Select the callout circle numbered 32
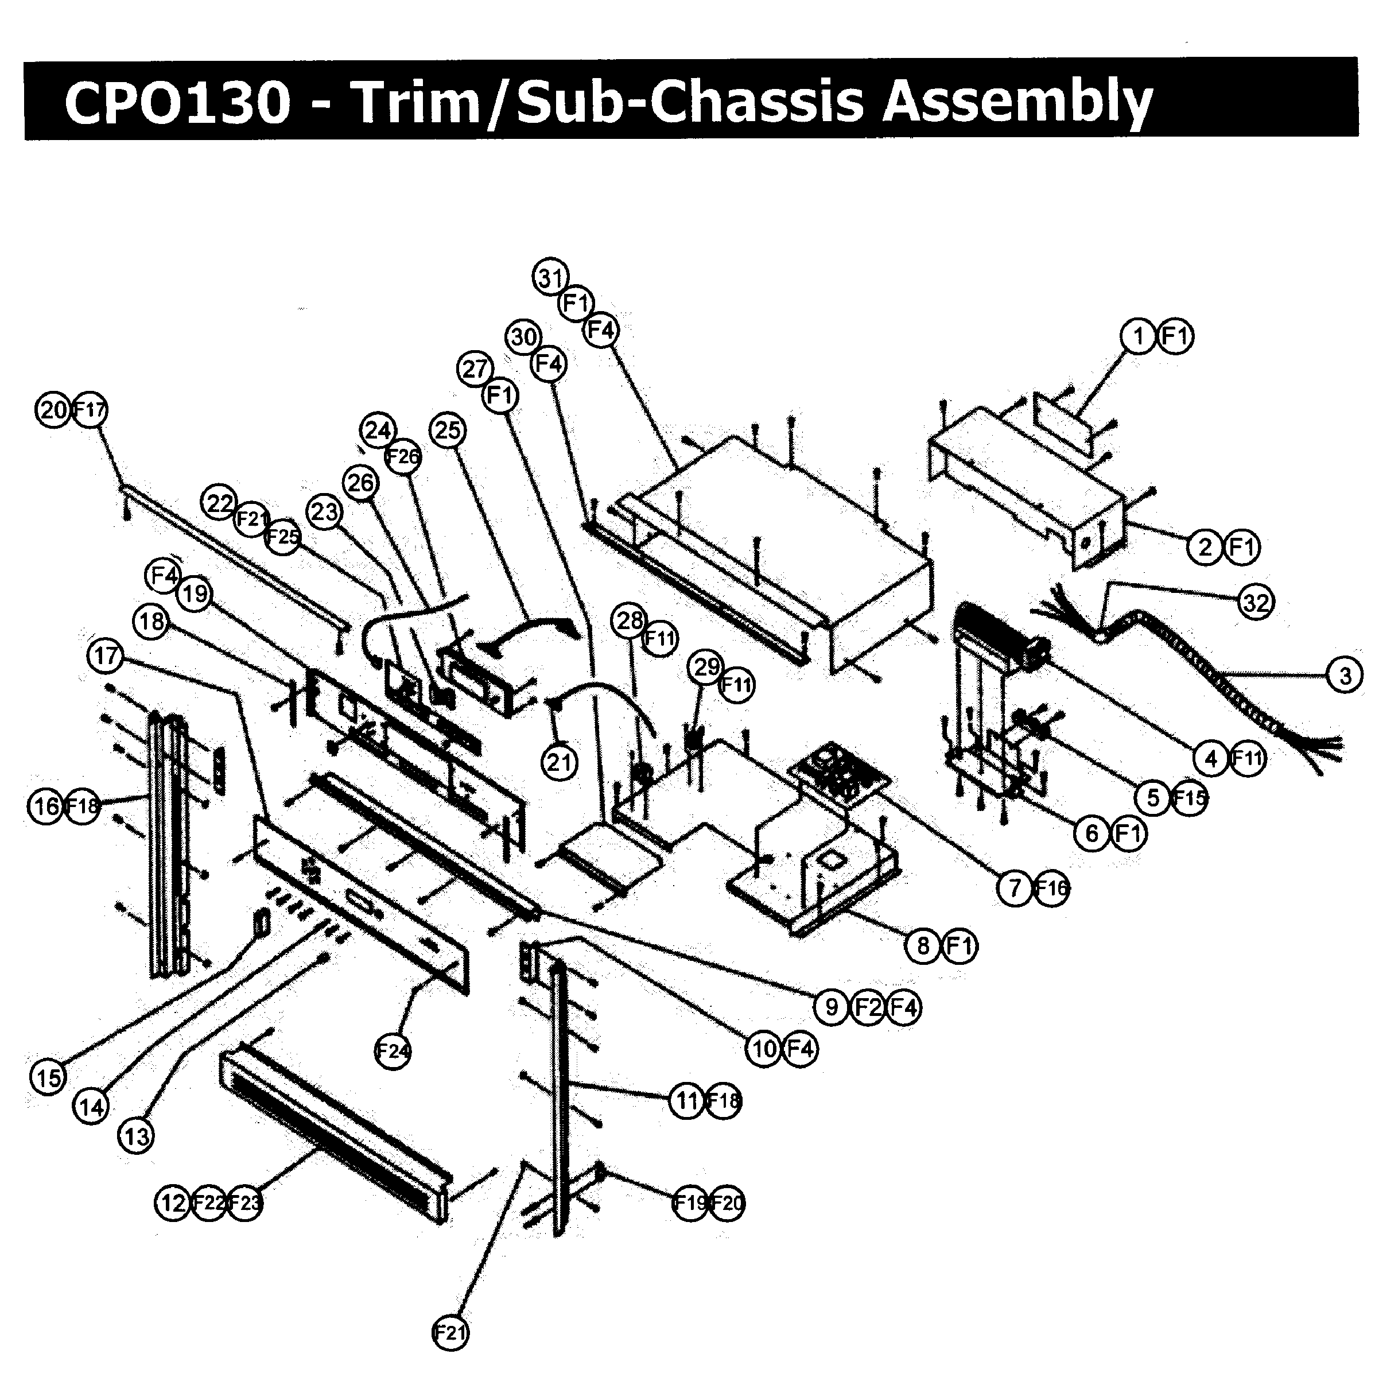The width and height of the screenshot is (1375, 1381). (x=1256, y=603)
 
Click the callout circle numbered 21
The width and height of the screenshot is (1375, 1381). (x=560, y=763)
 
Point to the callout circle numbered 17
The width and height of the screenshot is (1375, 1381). (x=106, y=655)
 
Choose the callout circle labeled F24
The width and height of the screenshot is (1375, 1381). (x=393, y=1051)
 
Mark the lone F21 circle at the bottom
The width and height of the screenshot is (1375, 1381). (x=451, y=1332)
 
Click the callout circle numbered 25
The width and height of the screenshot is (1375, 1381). (x=448, y=430)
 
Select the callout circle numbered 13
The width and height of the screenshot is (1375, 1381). (x=136, y=1135)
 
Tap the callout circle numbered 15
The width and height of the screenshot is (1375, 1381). (x=49, y=1077)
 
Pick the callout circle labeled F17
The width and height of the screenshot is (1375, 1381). (x=90, y=410)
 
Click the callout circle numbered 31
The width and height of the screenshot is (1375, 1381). (x=550, y=277)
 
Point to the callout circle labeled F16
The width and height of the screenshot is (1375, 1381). (x=1051, y=889)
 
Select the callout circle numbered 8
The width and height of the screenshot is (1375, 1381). (x=923, y=946)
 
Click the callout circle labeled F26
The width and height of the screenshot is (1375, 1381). (x=403, y=456)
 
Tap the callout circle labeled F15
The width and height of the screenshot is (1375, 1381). (x=1189, y=797)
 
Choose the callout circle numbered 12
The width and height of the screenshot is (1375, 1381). (x=173, y=1203)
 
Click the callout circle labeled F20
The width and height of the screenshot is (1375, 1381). (x=727, y=1203)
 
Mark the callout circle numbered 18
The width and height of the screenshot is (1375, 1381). (x=152, y=621)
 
